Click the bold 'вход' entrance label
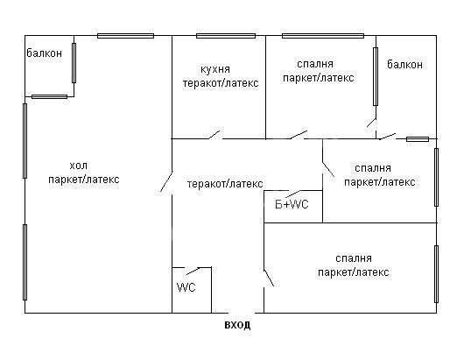pos(237,325)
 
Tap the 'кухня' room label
pos(215,69)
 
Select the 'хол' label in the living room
pos(79,166)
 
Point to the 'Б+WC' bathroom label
pos(292,205)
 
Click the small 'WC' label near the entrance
pos(186,287)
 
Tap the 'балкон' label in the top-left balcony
pos(45,53)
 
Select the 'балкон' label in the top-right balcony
pos(404,64)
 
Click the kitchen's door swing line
pos(214,135)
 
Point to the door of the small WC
pos(193,271)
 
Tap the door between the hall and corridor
pos(166,181)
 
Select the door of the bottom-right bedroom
pos(269,278)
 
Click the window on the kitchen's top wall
pos(226,36)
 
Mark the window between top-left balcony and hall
pos(74,63)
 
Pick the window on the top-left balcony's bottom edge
pos(49,96)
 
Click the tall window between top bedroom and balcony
pos(376,76)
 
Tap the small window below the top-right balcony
pos(418,139)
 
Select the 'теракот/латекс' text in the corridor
pos(225,184)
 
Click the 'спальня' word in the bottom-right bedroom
pos(354,258)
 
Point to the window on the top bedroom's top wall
pos(323,36)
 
